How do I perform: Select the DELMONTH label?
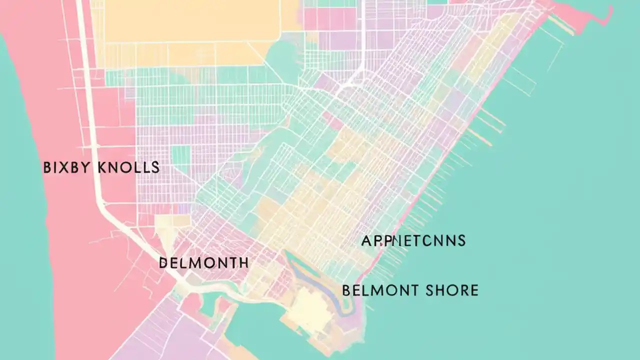click(x=203, y=262)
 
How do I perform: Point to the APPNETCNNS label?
click(x=413, y=241)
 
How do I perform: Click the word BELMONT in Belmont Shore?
click(x=378, y=290)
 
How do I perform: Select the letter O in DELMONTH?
click(x=206, y=262)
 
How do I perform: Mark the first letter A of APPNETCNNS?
click(x=366, y=241)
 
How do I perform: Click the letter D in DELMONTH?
click(x=163, y=262)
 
